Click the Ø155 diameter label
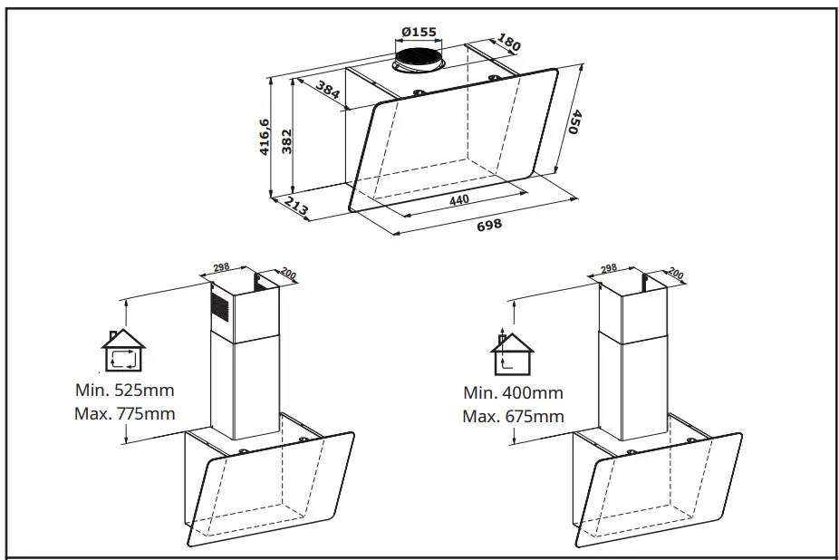417,32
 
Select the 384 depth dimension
328,89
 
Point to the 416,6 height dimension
265,137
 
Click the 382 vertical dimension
286,140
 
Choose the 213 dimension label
296,208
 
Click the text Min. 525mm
124,391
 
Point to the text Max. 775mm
124,414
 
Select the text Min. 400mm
512,393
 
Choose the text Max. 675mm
512,417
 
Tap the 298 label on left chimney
220,268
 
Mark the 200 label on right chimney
675,272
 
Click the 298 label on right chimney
608,268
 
